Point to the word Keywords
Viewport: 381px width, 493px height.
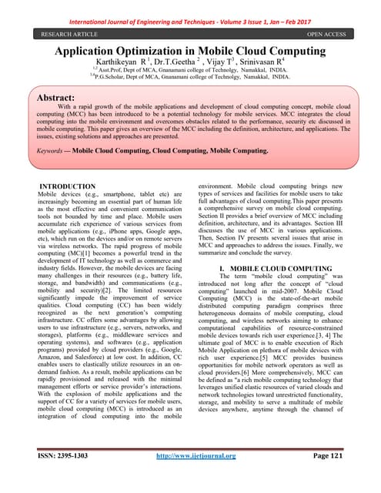pos(55,152)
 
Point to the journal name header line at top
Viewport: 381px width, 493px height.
pos(190,12)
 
